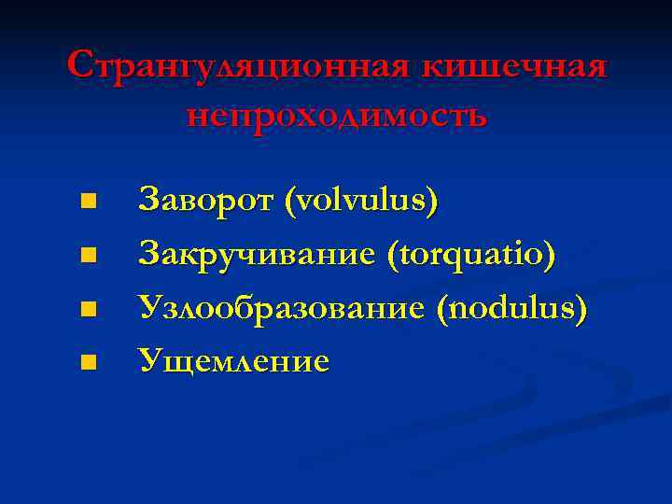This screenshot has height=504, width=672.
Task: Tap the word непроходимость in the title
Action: [x=336, y=115]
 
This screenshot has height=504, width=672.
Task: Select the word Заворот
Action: [x=205, y=200]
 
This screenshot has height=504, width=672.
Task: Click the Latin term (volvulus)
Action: [x=361, y=200]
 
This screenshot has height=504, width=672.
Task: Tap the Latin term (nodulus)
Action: [x=511, y=306]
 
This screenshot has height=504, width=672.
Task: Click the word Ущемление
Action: [x=233, y=359]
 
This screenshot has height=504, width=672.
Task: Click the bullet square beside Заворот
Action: [x=88, y=201]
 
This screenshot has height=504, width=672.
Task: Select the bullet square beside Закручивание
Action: [x=88, y=254]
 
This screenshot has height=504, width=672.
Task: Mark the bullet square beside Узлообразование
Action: [x=88, y=307]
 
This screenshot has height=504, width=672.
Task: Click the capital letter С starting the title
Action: [x=80, y=67]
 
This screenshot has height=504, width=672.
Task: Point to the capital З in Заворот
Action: [x=147, y=200]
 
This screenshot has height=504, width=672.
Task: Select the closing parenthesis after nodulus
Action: [x=582, y=307]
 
